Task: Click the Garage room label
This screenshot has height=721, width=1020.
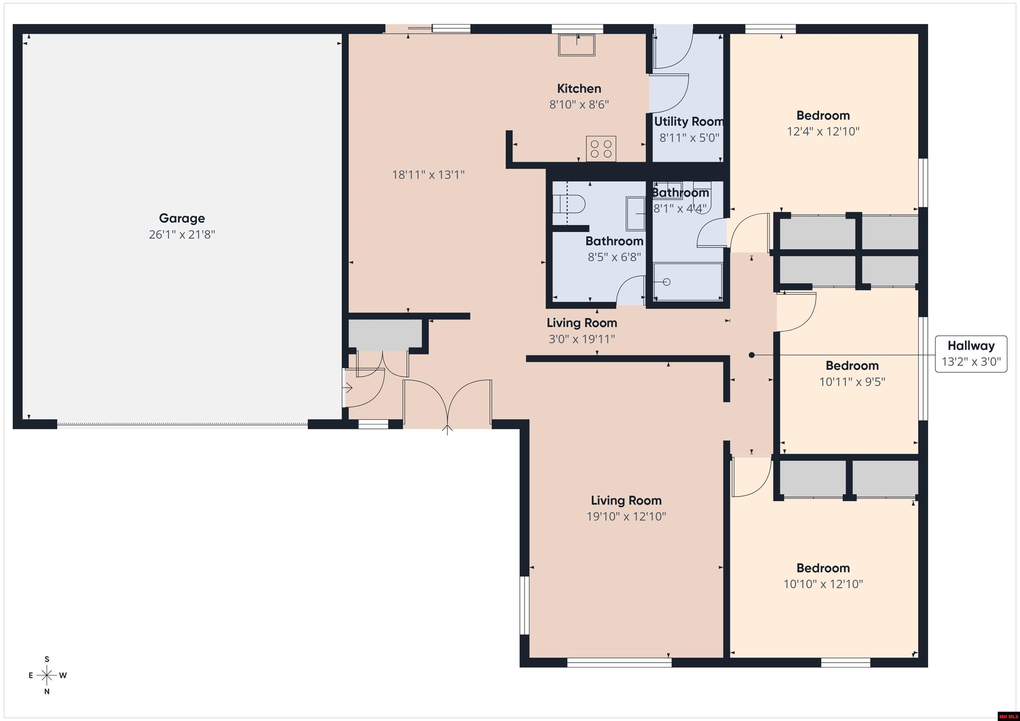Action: point(182,218)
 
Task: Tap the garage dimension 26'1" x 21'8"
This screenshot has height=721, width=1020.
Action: point(182,234)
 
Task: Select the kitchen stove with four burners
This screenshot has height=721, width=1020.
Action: point(601,148)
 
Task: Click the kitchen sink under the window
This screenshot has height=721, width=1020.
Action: point(577,45)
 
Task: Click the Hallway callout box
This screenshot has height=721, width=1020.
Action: point(971,353)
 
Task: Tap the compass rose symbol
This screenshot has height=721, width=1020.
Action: point(46,675)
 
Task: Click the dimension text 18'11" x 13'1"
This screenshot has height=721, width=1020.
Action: point(428,175)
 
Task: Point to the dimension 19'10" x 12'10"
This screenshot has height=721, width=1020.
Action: point(627,516)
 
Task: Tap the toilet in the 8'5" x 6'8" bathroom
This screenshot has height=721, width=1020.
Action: point(569,205)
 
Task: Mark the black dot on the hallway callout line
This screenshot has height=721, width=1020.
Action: point(752,355)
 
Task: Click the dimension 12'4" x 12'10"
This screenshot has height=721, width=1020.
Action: point(823,131)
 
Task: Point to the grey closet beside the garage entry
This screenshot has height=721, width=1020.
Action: point(385,333)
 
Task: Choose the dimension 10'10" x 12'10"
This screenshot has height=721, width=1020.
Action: point(823,584)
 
